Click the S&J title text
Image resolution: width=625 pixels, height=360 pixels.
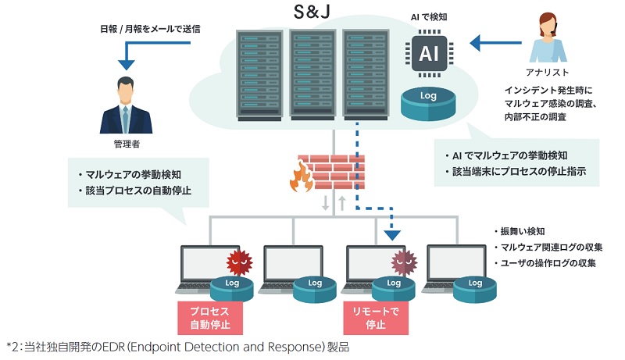312,13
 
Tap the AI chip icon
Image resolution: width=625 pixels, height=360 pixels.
429,52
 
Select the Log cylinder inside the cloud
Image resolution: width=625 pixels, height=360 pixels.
428,101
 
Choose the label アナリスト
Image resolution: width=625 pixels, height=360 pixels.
549,71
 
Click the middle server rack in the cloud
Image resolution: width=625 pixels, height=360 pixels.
312,76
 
